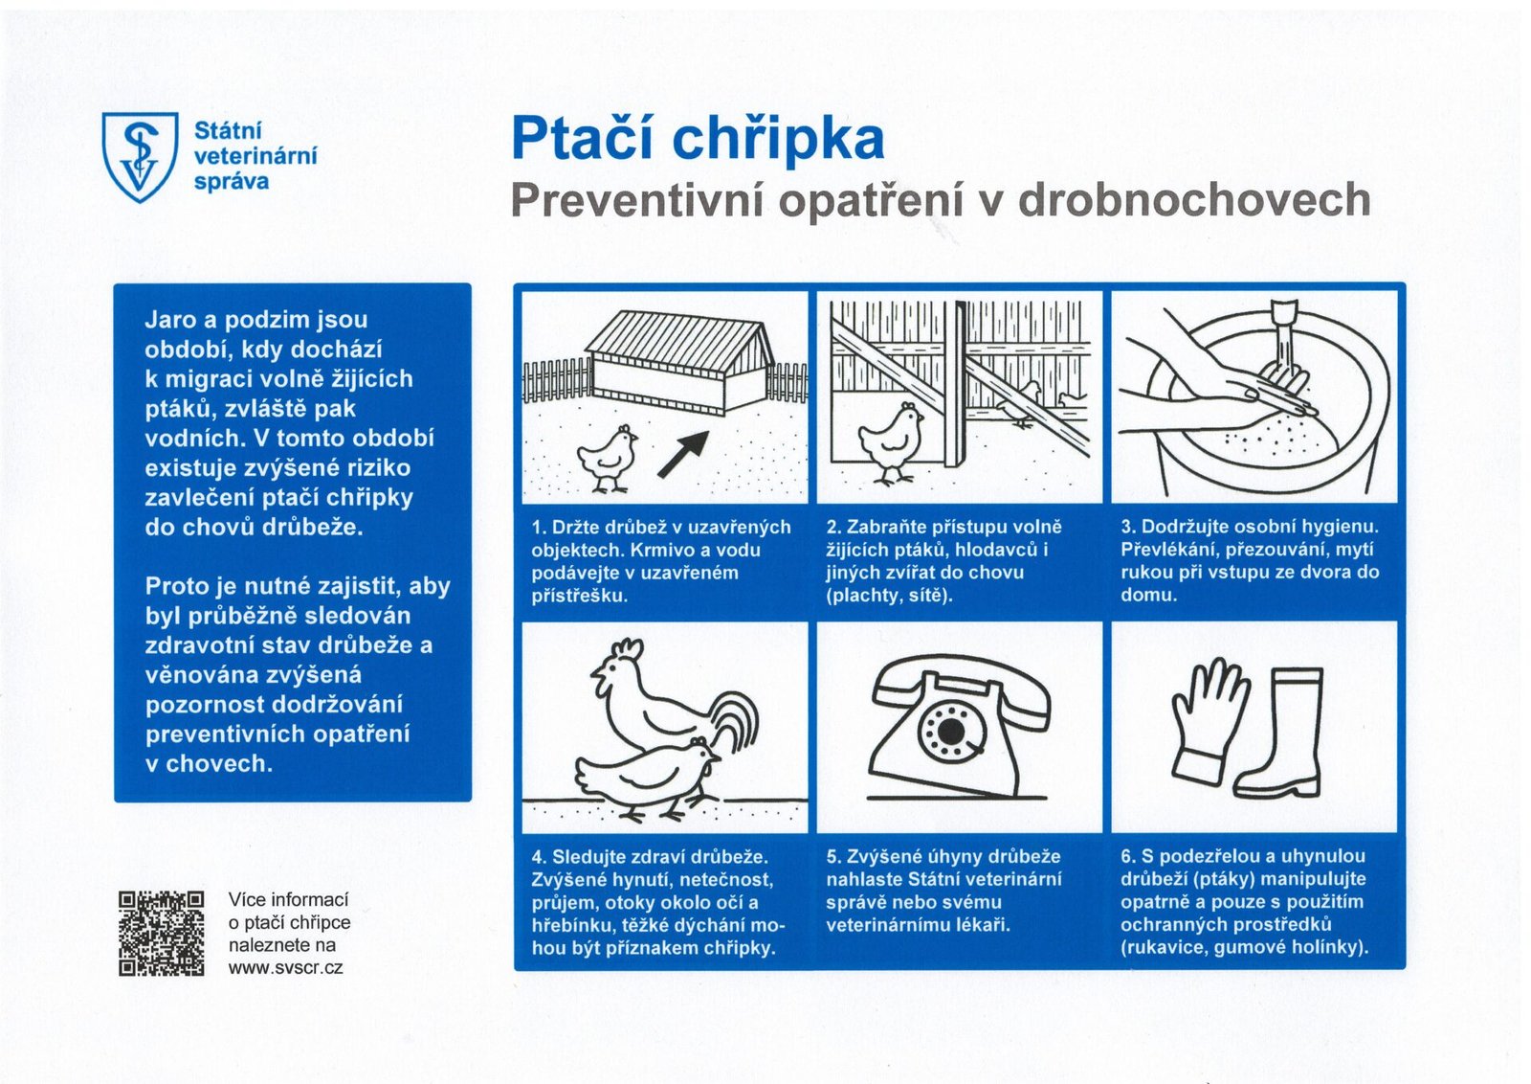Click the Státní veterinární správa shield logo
pos(140,156)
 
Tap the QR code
pos(161,933)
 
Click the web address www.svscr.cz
pos(285,968)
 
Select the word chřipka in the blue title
pos(778,140)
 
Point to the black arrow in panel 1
pos(683,453)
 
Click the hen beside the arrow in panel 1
pos(609,459)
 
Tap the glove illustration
pos(1207,718)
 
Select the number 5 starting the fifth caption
pos(831,857)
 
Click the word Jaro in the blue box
pos(170,320)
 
